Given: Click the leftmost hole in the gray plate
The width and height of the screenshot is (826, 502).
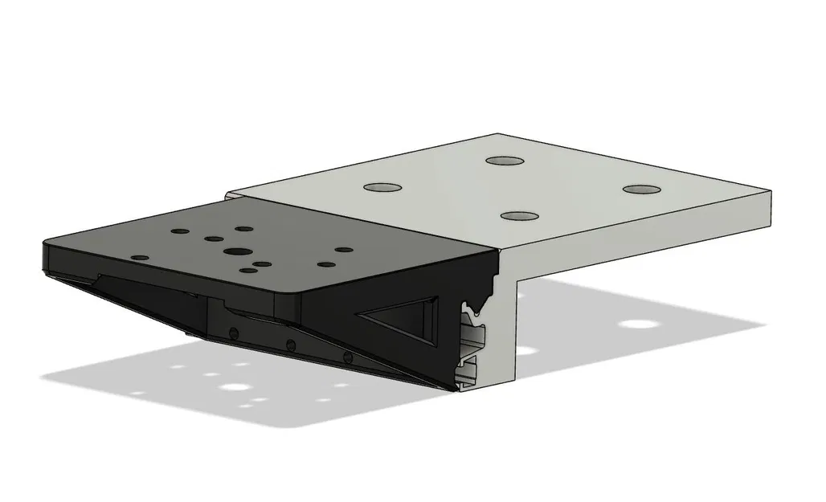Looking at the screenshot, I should point(382,187).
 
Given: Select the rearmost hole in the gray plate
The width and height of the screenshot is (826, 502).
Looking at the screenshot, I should point(505,160).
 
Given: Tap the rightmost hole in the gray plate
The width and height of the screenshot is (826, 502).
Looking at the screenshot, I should point(640,190).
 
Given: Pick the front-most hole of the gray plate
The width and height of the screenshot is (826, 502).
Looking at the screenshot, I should point(519,216).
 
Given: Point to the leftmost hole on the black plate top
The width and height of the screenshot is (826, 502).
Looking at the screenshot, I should point(140,257).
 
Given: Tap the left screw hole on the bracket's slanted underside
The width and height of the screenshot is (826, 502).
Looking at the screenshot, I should point(233,333).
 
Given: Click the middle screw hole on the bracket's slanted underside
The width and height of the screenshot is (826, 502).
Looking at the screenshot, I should point(290,345).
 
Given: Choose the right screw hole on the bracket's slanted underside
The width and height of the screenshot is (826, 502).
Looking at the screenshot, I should point(347,356).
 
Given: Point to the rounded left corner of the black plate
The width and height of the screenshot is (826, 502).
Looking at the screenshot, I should point(47,241).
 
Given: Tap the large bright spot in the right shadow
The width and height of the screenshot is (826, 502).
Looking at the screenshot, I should point(638,325).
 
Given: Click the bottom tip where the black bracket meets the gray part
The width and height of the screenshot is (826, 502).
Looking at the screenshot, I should point(455,389).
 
